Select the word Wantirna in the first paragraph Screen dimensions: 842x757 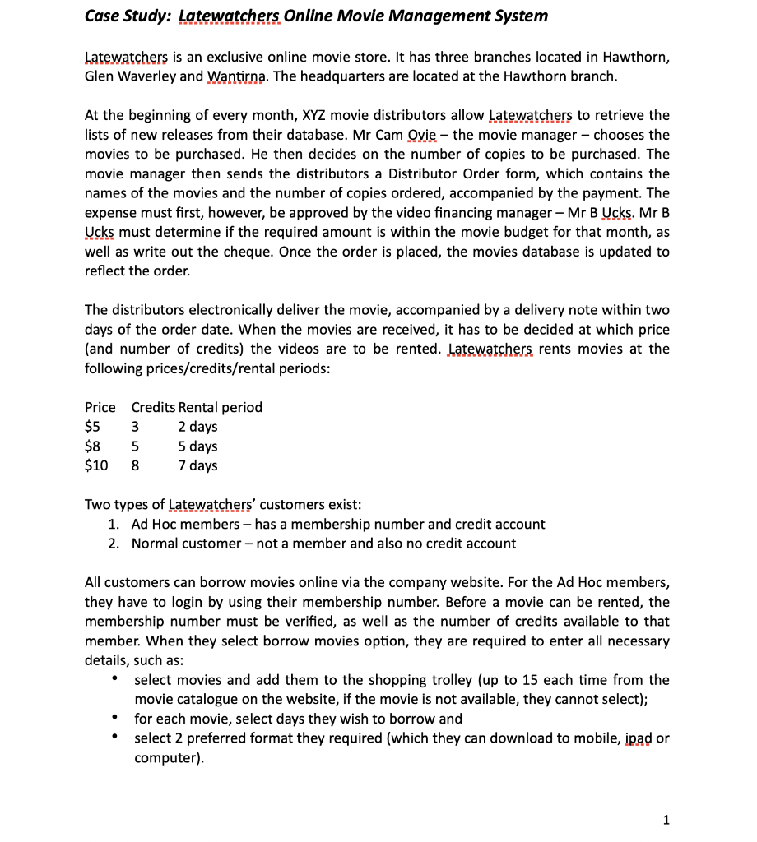pos(234,76)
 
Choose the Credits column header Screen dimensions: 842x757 pos(153,407)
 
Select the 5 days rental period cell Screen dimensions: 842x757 pos(197,446)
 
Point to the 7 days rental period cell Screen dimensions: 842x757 pos(197,465)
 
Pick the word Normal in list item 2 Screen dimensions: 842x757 pos(156,544)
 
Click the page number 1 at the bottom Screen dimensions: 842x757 pos(666,819)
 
